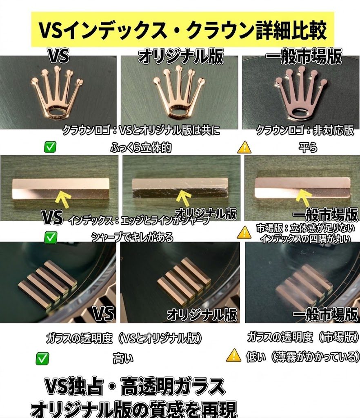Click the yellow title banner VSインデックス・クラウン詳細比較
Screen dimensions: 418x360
point(182,29)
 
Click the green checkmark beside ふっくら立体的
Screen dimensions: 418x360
point(50,147)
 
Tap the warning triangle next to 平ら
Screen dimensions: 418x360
point(244,147)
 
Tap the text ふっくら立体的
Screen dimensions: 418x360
point(141,147)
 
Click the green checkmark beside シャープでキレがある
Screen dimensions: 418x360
point(50,237)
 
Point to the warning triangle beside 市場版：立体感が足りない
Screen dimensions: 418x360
point(244,232)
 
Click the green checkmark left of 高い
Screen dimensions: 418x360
point(42,358)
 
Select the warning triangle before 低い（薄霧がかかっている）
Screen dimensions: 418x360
point(234,355)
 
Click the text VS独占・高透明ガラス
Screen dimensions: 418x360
point(135,387)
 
